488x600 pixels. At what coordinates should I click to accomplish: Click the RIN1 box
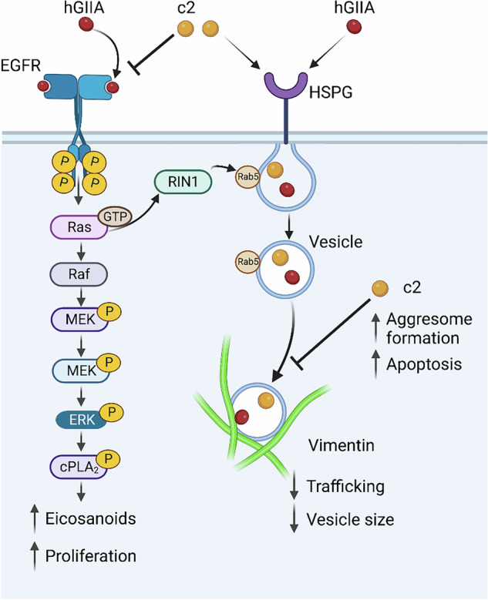[x=183, y=182]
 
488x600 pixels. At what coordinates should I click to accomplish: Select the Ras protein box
[x=79, y=227]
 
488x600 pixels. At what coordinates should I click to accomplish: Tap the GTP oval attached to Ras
[x=115, y=216]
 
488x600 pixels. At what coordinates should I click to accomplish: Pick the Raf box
[x=79, y=274]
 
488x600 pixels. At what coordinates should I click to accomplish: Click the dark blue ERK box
[x=81, y=420]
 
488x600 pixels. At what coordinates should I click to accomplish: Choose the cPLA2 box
[x=79, y=467]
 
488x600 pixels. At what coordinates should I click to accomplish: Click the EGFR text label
[x=20, y=65]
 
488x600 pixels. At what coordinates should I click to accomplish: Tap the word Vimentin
[x=342, y=445]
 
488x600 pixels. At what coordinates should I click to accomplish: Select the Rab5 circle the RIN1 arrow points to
[x=247, y=176]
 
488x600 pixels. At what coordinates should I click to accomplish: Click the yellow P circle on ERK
[x=112, y=412]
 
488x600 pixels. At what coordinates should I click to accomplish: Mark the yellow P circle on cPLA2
[x=109, y=459]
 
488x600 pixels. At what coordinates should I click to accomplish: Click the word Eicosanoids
[x=91, y=519]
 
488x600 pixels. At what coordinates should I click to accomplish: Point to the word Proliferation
[x=91, y=556]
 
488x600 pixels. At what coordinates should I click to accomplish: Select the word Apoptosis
[x=424, y=364]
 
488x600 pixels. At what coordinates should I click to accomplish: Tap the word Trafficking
[x=345, y=487]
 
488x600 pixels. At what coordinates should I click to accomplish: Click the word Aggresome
[x=429, y=320]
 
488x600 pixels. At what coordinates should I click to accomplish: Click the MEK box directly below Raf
[x=79, y=319]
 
